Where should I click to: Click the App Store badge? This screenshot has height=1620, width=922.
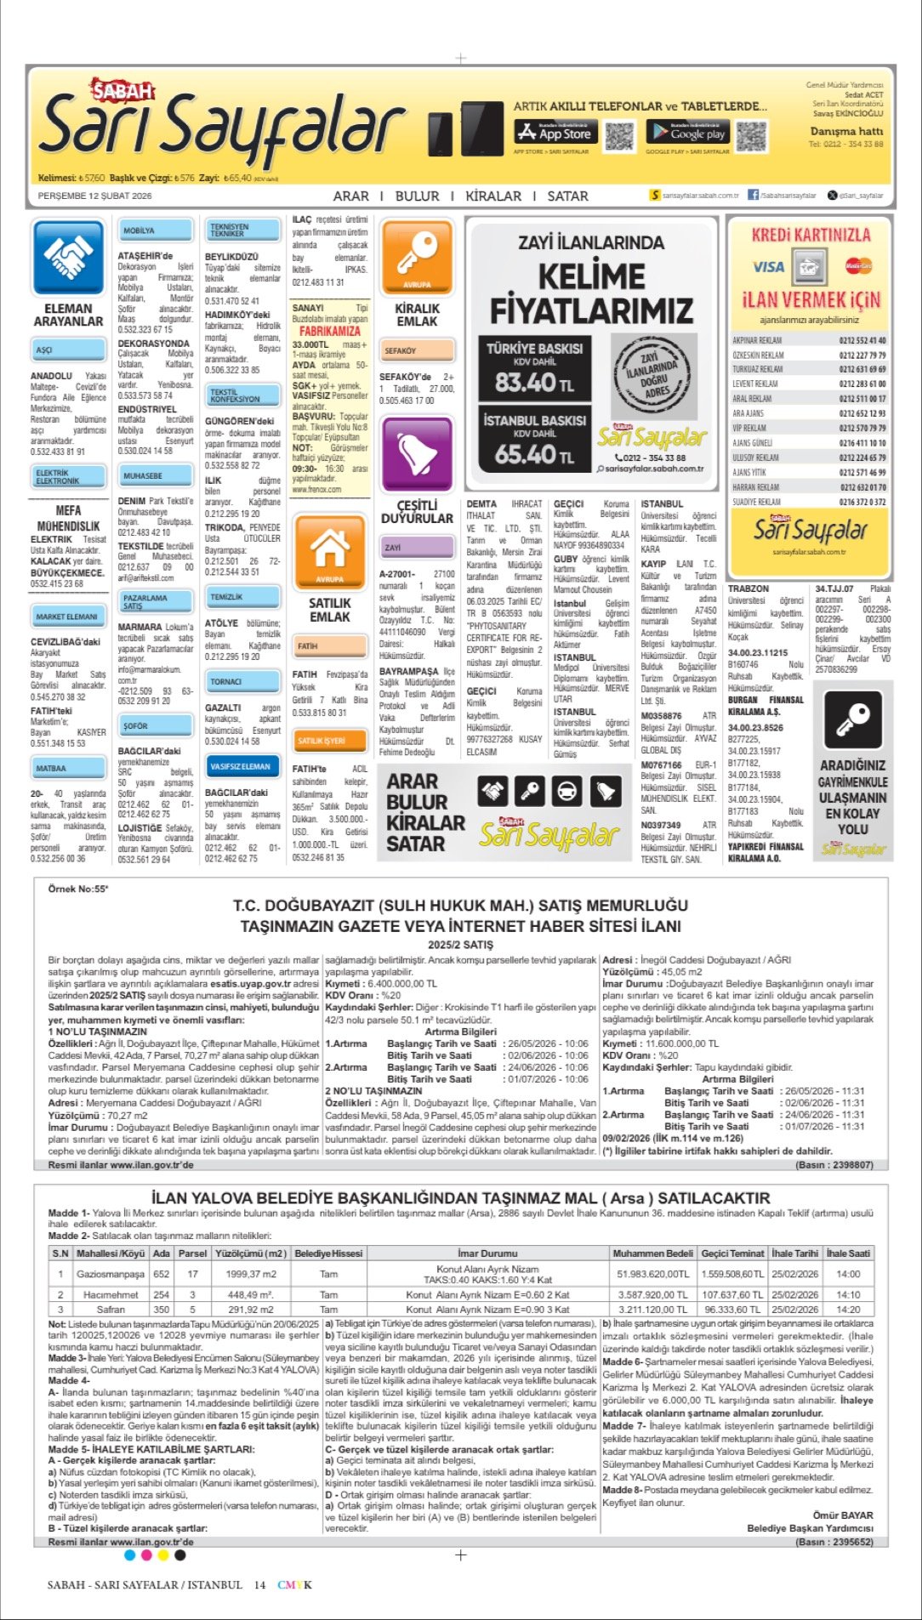tap(553, 133)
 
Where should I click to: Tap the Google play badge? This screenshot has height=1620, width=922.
tap(686, 133)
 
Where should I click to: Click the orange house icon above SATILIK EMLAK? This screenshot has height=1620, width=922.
tap(330, 549)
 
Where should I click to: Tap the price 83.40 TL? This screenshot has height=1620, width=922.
tap(534, 383)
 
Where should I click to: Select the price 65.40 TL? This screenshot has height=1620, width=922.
tap(534, 454)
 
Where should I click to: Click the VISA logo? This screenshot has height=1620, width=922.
tap(768, 267)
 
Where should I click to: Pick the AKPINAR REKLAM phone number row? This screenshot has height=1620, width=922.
tap(809, 340)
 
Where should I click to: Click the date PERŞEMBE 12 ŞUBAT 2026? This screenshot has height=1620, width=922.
tap(95, 196)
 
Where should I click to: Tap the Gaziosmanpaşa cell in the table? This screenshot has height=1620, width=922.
tap(111, 1274)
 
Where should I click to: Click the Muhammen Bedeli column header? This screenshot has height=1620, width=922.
tap(653, 1253)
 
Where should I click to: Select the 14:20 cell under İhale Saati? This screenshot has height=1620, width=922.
tap(848, 1310)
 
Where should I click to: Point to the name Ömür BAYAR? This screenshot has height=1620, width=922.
tap(843, 1515)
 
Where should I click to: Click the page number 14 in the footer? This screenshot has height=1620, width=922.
tap(259, 1585)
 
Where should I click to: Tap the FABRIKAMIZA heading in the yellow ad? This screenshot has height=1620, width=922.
tap(330, 331)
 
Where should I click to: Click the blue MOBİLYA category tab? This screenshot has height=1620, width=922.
tap(139, 230)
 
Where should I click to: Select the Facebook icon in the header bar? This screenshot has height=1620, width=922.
tap(753, 195)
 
